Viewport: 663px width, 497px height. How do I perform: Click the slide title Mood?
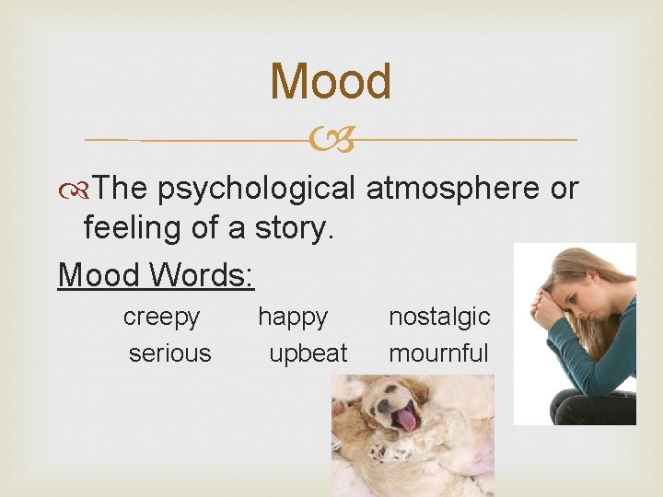click(331, 81)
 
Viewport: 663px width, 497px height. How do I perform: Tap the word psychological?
click(256, 188)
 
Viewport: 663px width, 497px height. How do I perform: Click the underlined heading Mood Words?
click(156, 274)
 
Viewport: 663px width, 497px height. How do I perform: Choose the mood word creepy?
click(161, 317)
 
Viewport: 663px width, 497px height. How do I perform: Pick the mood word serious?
click(169, 353)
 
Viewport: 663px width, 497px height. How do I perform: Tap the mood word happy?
click(292, 318)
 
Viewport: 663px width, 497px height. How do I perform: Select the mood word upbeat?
click(308, 353)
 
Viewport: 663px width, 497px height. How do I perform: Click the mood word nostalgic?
click(439, 317)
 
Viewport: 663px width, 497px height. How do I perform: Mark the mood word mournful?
click(438, 353)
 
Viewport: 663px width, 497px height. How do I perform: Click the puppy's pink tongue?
click(406, 421)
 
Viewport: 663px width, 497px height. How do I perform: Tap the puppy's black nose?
click(380, 405)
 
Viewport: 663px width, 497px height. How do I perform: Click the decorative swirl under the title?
click(331, 140)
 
